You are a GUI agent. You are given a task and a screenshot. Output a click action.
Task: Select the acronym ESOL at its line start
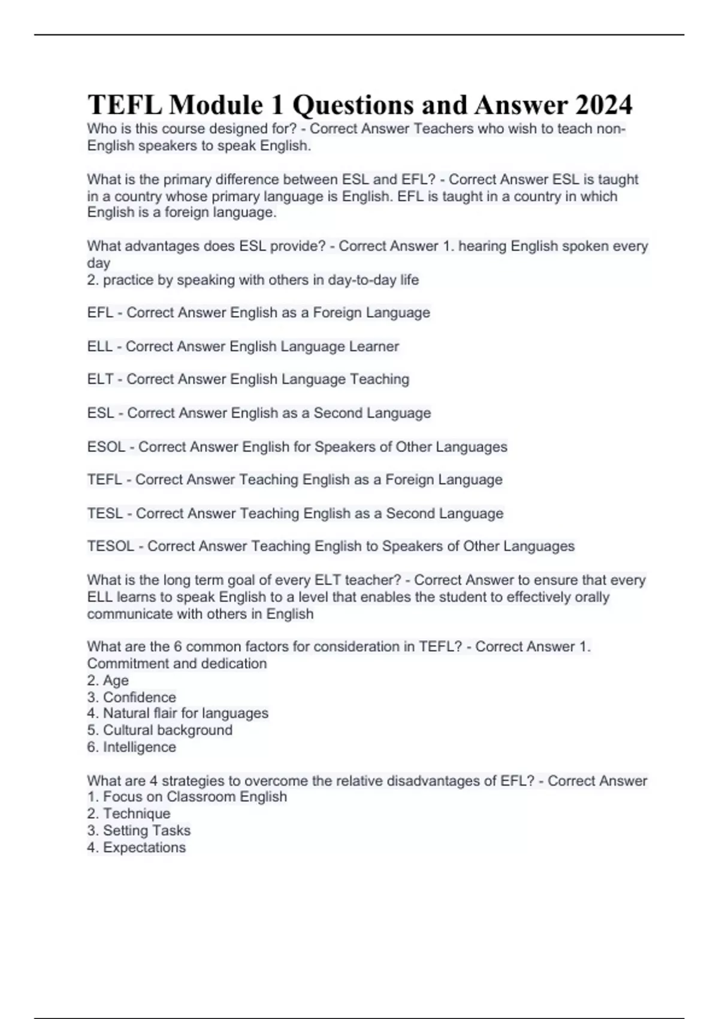[106, 447]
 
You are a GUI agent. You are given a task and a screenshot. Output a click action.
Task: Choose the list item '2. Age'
[108, 681]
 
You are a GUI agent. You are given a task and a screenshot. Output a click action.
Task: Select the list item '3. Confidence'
[131, 698]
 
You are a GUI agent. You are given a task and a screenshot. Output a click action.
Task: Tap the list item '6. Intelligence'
[131, 747]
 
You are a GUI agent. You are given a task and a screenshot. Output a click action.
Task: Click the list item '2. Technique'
[128, 814]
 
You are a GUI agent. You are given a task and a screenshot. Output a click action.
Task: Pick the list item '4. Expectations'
[136, 848]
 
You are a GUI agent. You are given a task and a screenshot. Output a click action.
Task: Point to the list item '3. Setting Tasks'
[138, 831]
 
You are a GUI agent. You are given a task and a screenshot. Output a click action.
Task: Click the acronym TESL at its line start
[105, 514]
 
